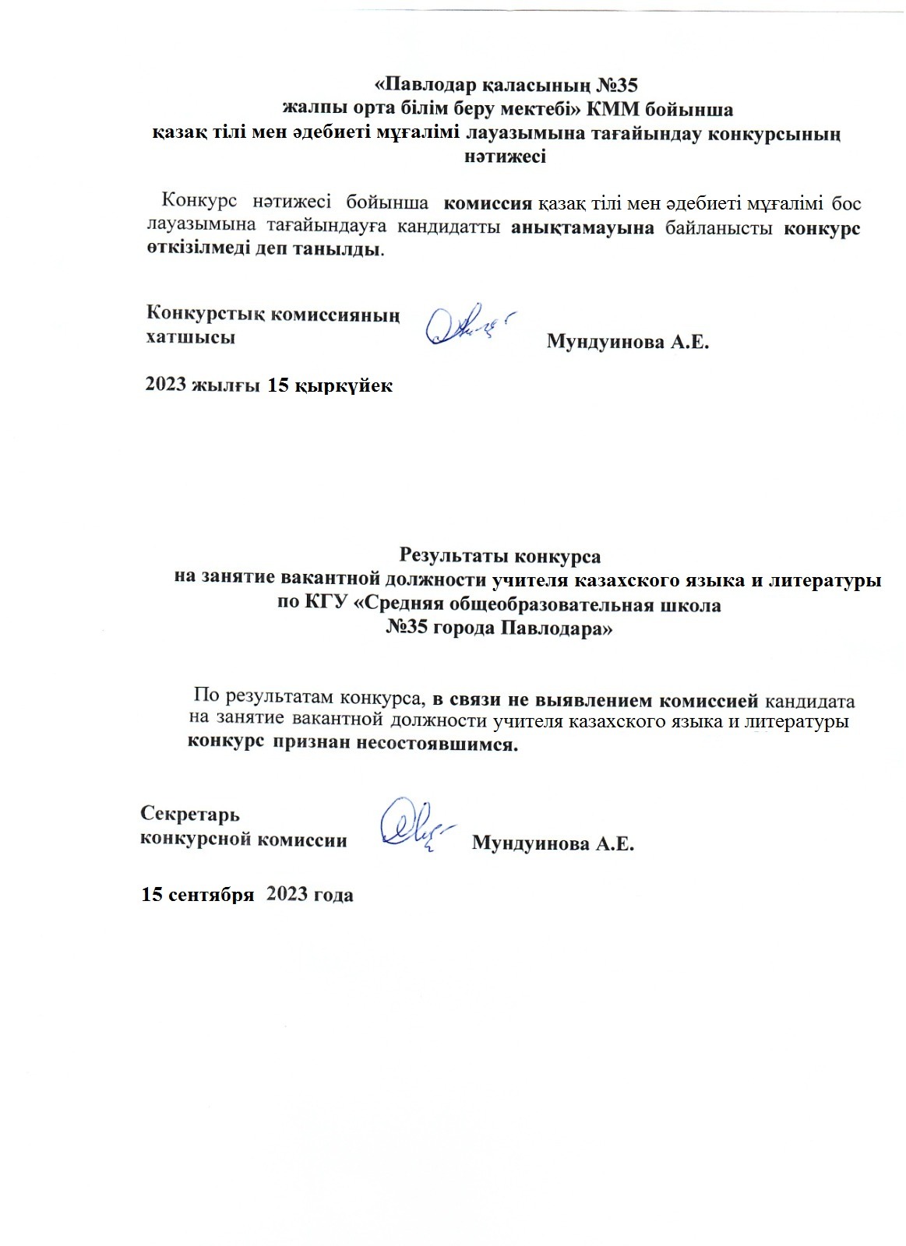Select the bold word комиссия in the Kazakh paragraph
point(488,204)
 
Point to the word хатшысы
point(191,338)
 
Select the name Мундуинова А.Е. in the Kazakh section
point(628,342)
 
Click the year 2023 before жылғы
point(167,385)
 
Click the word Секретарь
point(190,814)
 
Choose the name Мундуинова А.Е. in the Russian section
point(553,843)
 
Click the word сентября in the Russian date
point(216,894)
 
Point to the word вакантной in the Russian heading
point(341,579)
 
